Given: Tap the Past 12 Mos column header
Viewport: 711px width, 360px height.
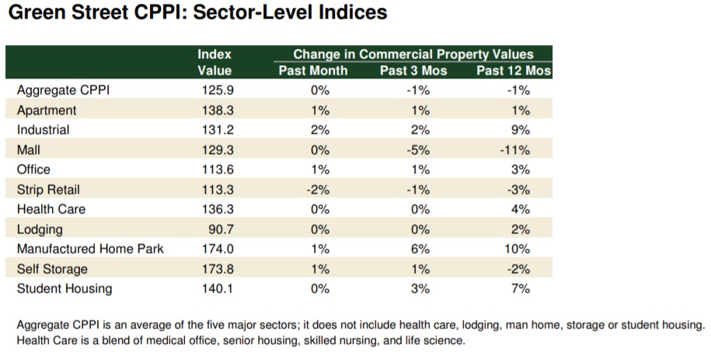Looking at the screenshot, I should pos(513,71).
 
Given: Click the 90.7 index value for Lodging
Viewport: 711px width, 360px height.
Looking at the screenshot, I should pos(218,229).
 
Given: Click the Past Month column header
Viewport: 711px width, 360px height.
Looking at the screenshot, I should pos(313,71).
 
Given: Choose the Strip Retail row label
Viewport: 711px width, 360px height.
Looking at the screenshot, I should pos(48,190).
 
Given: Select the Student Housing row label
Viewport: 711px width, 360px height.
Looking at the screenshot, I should pos(64,289).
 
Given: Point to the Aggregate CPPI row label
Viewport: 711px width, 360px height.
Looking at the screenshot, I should pos(63,90).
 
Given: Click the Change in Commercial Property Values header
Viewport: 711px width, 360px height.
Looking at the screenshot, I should pos(413,54).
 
